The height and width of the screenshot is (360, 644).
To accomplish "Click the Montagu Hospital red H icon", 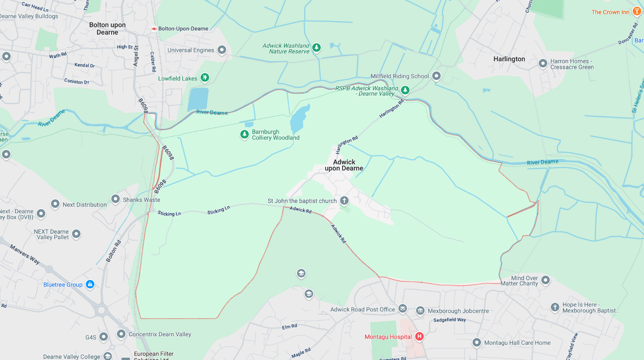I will [x=419, y=336].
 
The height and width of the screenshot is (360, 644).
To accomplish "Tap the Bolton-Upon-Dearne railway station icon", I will [x=154, y=29].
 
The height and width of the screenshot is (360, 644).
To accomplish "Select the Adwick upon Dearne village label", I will [x=344, y=165].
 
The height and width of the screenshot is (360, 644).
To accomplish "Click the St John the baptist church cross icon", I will [x=344, y=200].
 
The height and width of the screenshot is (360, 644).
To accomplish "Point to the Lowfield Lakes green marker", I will [x=205, y=77].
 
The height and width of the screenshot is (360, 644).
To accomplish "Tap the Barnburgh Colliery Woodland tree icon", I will [x=244, y=134].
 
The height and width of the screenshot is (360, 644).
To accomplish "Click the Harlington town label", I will [x=509, y=59].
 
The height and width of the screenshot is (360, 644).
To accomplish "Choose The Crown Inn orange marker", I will [x=637, y=11].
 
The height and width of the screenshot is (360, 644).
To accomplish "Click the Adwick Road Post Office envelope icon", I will [x=402, y=309].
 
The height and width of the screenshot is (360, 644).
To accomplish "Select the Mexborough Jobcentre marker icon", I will [x=420, y=311].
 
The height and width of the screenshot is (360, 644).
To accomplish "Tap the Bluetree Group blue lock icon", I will [x=90, y=284].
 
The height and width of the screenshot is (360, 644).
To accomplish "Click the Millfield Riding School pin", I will [x=436, y=76].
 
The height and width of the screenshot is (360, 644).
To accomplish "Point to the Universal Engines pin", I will [x=222, y=49].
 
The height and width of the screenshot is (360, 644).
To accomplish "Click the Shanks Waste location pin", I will [x=116, y=199].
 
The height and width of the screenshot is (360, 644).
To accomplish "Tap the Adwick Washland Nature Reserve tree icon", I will [x=317, y=47].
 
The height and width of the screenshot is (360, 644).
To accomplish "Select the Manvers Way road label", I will [x=25, y=254].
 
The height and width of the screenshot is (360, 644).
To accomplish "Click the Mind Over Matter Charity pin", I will [x=545, y=280].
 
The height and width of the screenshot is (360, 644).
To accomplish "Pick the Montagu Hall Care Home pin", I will [x=477, y=342].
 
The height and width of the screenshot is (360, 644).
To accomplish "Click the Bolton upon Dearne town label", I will [x=107, y=29].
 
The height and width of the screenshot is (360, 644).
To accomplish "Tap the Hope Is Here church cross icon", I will [x=555, y=307].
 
